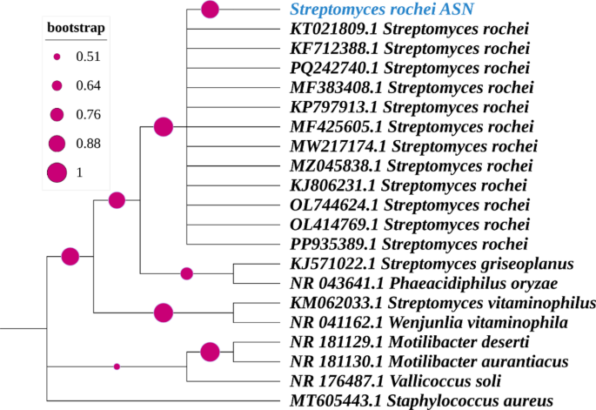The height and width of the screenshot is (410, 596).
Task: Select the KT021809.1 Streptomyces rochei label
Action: [x=410, y=29]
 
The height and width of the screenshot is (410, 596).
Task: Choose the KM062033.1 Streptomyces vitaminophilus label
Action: [x=442, y=303]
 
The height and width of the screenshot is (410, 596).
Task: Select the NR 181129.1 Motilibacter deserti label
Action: [x=419, y=341]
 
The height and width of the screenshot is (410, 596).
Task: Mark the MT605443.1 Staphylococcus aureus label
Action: [x=421, y=400]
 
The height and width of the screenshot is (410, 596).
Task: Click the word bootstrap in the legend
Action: [x=76, y=29]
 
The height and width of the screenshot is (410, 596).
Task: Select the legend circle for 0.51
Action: [x=57, y=57]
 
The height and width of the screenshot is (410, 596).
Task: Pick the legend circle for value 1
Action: [x=57, y=172]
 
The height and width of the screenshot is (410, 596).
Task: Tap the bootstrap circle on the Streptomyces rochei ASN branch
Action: [x=210, y=10]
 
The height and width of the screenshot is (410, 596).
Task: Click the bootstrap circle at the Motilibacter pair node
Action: [x=210, y=352]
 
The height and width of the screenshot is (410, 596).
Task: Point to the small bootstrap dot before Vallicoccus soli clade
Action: [x=117, y=366]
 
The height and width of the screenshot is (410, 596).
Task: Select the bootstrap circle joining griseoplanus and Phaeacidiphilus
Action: [x=186, y=273]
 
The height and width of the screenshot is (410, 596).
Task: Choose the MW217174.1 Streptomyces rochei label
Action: [x=412, y=145]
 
